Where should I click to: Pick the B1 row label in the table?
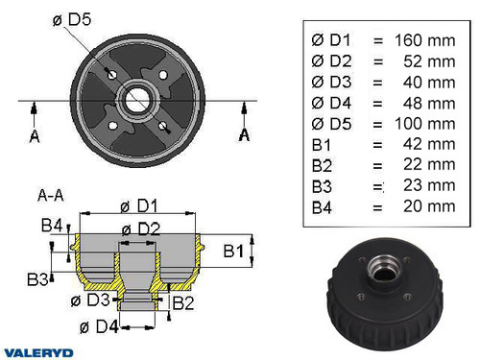pyautogui.click(x=324, y=144)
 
